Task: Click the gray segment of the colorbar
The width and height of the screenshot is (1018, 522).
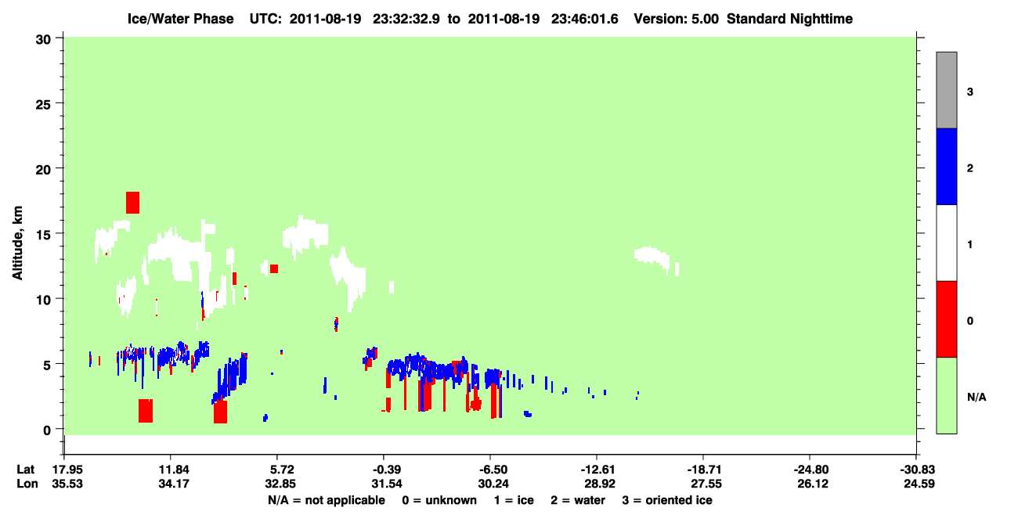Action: pos(946,90)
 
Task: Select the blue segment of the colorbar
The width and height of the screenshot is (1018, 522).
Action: pos(946,166)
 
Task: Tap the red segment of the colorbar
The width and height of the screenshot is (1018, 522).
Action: pos(946,319)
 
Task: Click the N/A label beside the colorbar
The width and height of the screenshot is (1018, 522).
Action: pos(976,397)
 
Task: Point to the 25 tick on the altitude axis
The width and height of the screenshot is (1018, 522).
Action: pos(60,103)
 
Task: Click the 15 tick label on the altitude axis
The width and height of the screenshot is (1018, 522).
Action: pos(43,235)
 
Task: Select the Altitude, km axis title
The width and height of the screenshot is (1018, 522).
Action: pos(17,243)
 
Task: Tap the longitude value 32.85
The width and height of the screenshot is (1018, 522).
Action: pos(280,484)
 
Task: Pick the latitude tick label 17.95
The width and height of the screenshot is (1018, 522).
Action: pos(67,470)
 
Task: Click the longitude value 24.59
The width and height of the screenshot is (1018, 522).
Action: pos(919,484)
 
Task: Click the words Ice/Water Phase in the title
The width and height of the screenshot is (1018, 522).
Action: pos(180,19)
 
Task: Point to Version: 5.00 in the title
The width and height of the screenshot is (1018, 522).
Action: pos(677,19)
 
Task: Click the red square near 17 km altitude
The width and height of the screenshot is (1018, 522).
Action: pos(132,203)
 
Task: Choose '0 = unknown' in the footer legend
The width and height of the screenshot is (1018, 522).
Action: pos(439,500)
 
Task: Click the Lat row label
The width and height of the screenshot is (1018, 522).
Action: pos(25,470)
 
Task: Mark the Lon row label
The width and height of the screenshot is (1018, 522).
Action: pos(27,484)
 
